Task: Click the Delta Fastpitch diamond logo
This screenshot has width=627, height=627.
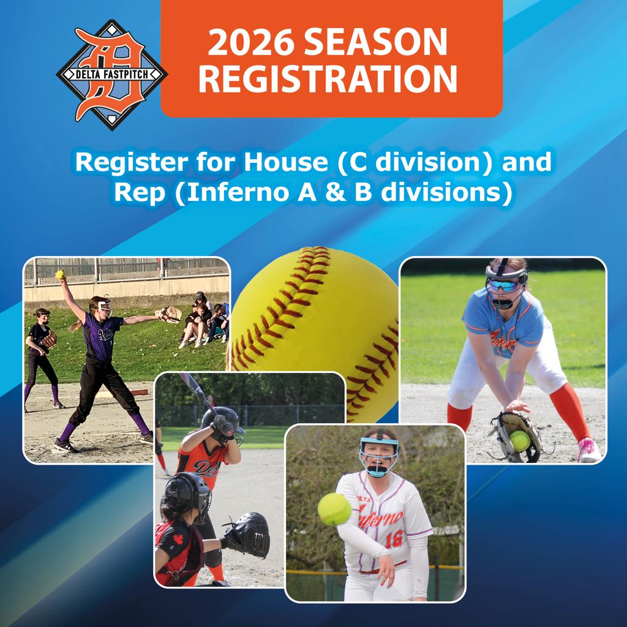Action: pyautogui.click(x=112, y=75)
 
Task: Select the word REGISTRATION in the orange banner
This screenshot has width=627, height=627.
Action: pyautogui.click(x=328, y=78)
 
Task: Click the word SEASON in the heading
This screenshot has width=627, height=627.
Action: pyautogui.click(x=375, y=42)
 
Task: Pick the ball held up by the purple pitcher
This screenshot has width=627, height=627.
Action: pyautogui.click(x=60, y=274)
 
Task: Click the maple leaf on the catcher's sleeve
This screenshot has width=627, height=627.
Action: pyautogui.click(x=178, y=539)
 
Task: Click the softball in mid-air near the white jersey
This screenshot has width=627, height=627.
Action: pyautogui.click(x=334, y=509)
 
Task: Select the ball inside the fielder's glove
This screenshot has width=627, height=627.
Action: pyautogui.click(x=519, y=441)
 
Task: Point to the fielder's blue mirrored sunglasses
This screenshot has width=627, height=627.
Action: pyautogui.click(x=503, y=285)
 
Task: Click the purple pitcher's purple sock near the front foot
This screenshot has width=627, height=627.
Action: pyautogui.click(x=69, y=430)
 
